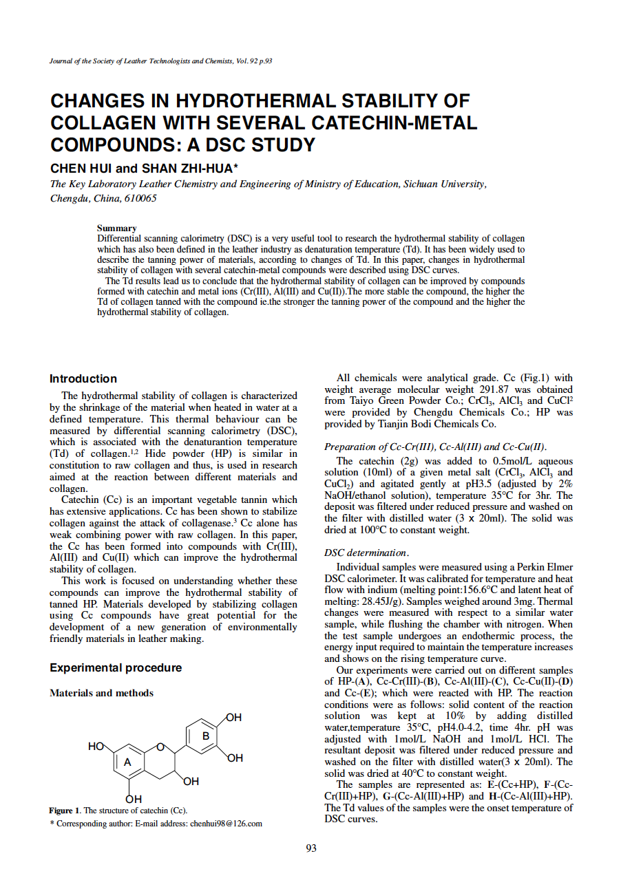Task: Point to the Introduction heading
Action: pos(83,378)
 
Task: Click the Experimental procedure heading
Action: pos(116,667)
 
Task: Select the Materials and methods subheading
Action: pos(101,693)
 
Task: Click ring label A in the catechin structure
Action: pos(127,762)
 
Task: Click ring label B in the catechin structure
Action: pos(204,736)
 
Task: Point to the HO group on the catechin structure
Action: pos(96,746)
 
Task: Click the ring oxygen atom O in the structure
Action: pos(160,747)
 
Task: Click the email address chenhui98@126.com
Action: pos(226,824)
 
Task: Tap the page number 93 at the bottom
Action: pos(310,848)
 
